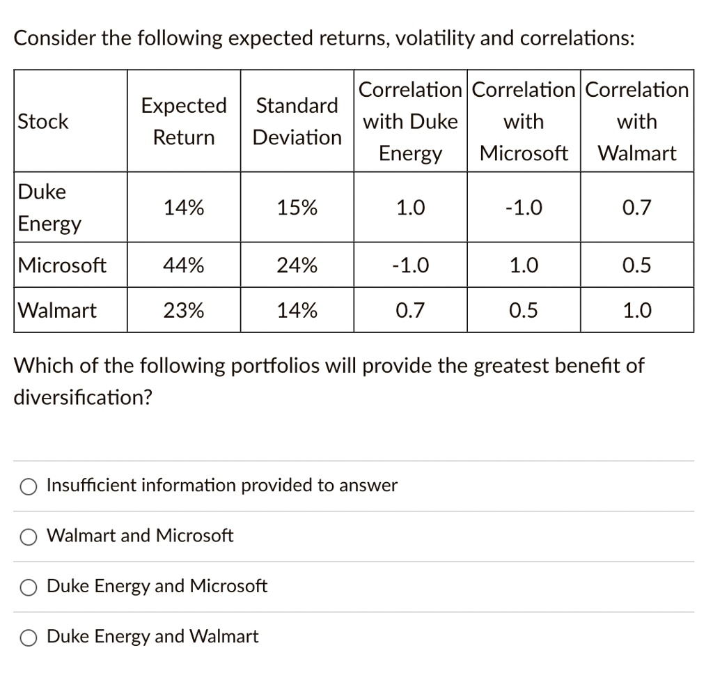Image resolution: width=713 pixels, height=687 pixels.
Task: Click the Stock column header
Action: click(43, 121)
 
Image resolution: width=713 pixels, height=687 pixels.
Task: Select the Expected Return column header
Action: click(184, 121)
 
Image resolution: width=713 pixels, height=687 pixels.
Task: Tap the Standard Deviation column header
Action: click(297, 121)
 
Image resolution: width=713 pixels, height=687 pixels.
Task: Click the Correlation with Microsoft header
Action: click(524, 121)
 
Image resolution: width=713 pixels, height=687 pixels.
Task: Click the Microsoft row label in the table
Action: click(63, 265)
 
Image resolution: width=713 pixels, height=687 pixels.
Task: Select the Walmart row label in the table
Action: click(58, 310)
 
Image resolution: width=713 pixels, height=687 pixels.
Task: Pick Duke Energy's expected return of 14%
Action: click(184, 208)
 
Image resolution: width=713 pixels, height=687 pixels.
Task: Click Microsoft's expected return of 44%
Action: click(184, 265)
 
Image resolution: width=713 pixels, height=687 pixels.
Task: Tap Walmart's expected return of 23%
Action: click(184, 310)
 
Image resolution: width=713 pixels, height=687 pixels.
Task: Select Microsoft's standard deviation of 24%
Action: click(297, 265)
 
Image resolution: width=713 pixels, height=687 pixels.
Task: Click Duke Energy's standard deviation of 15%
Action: click(297, 208)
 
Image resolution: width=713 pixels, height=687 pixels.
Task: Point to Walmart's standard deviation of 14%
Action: click(297, 310)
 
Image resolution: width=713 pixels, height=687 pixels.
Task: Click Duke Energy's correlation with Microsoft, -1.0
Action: click(524, 208)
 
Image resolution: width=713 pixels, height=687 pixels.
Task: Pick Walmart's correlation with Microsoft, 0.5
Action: click(524, 310)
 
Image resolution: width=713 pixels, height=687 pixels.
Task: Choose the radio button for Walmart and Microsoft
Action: click(29, 537)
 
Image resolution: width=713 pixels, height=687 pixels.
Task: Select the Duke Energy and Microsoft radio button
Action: click(29, 587)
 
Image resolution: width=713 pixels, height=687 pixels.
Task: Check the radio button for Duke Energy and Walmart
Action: click(29, 637)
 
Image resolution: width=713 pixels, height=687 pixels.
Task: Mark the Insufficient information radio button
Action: click(29, 486)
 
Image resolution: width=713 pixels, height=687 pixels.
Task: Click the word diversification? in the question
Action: click(84, 397)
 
